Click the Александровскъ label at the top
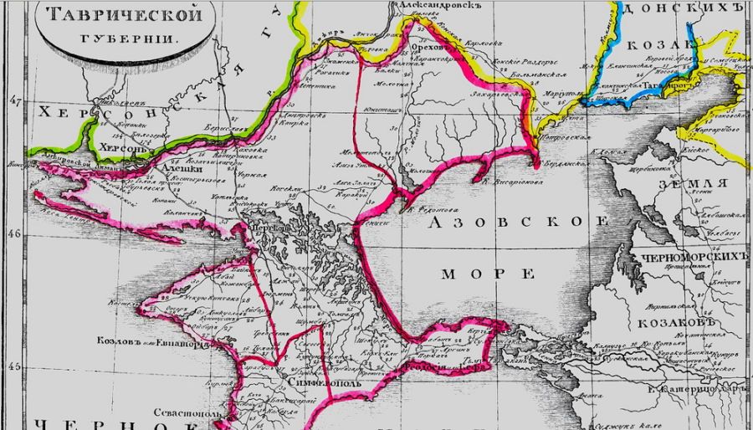(438, 5)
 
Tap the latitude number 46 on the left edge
(13, 235)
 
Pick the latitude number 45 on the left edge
(13, 366)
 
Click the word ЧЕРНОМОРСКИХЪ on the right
(692, 256)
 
